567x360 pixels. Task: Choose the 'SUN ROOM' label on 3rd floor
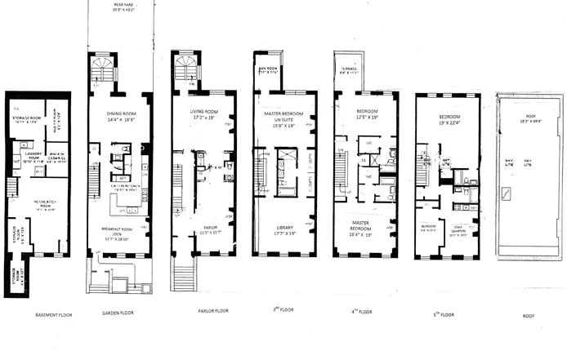click(x=269, y=69)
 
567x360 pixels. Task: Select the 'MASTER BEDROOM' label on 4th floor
click(x=365, y=226)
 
